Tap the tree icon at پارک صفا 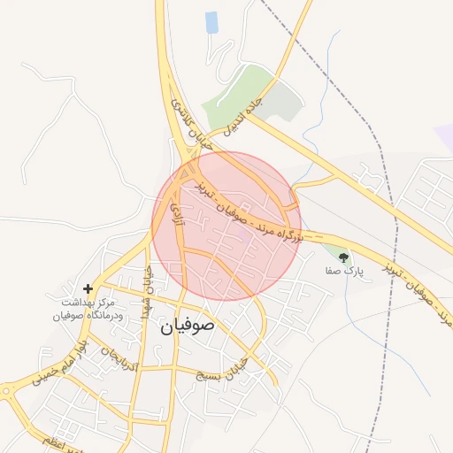[343, 258]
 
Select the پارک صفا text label [344, 273]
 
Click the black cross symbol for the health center [88, 288]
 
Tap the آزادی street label [176, 209]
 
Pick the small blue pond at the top [211, 23]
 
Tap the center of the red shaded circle [226, 226]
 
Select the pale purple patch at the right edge [444, 137]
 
